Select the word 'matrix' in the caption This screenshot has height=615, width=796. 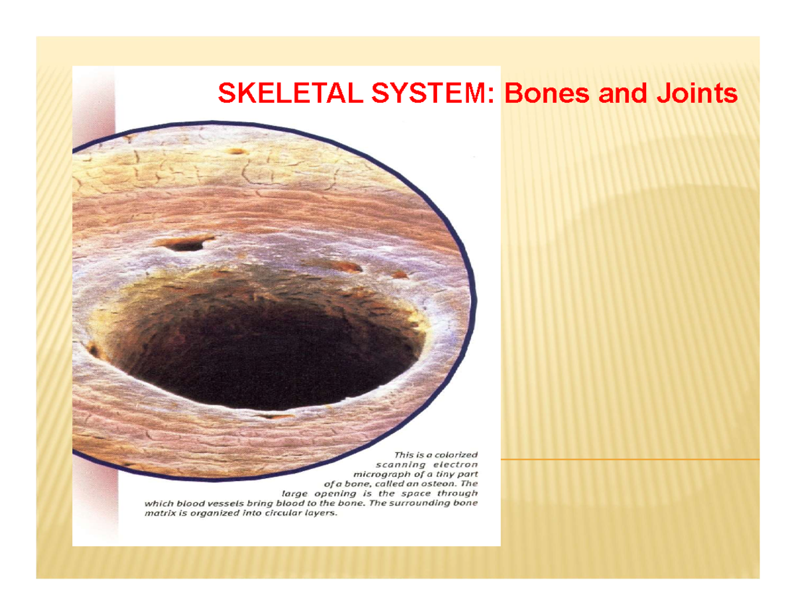[160, 513]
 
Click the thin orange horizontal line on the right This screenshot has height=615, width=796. [630, 459]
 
